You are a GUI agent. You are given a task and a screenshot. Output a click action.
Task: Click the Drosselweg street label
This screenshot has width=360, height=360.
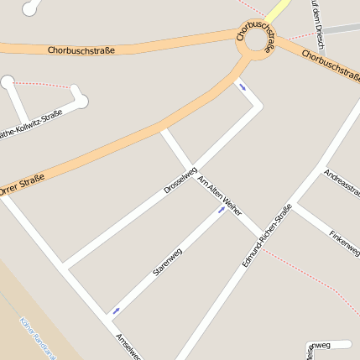click(x=180, y=181)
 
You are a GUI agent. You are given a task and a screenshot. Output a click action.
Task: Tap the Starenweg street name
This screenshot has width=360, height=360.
click(x=168, y=263)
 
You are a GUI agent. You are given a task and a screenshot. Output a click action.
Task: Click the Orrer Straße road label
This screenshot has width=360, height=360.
click(x=23, y=183)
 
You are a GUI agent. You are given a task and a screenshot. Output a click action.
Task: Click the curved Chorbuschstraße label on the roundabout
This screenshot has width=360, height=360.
click(x=257, y=39)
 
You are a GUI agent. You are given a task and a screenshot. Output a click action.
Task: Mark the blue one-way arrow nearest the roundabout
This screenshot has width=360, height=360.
click(x=243, y=86)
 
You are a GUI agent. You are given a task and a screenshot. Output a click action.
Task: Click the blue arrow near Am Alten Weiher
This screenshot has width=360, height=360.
click(x=222, y=210)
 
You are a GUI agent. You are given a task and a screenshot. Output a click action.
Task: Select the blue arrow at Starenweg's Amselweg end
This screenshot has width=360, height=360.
click(x=116, y=310)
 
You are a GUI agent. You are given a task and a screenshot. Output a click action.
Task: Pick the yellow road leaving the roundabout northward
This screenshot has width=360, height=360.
click(x=279, y=10)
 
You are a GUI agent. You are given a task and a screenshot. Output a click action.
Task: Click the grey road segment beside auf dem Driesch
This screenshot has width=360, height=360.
click(x=340, y=29)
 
